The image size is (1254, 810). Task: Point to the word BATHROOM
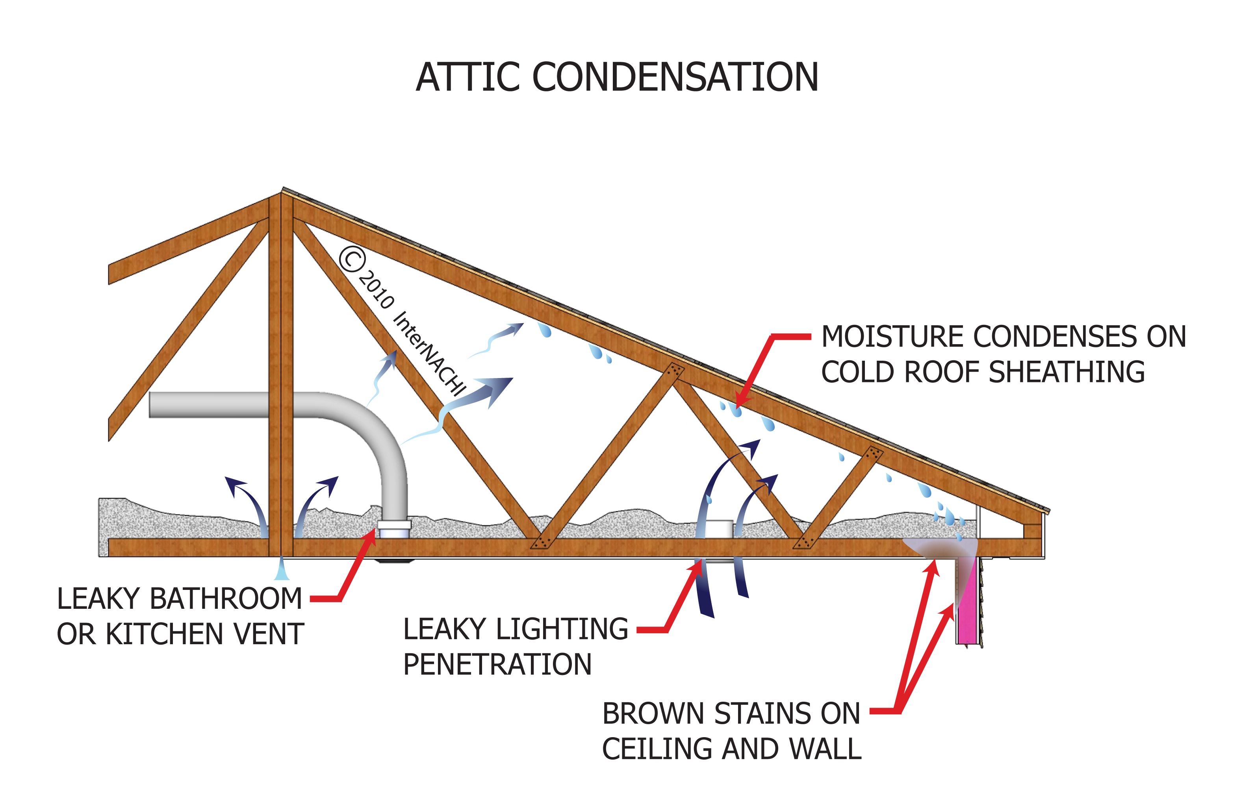(x=226, y=599)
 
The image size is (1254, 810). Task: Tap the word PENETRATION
(x=497, y=664)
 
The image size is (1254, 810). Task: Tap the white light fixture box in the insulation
(x=718, y=528)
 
